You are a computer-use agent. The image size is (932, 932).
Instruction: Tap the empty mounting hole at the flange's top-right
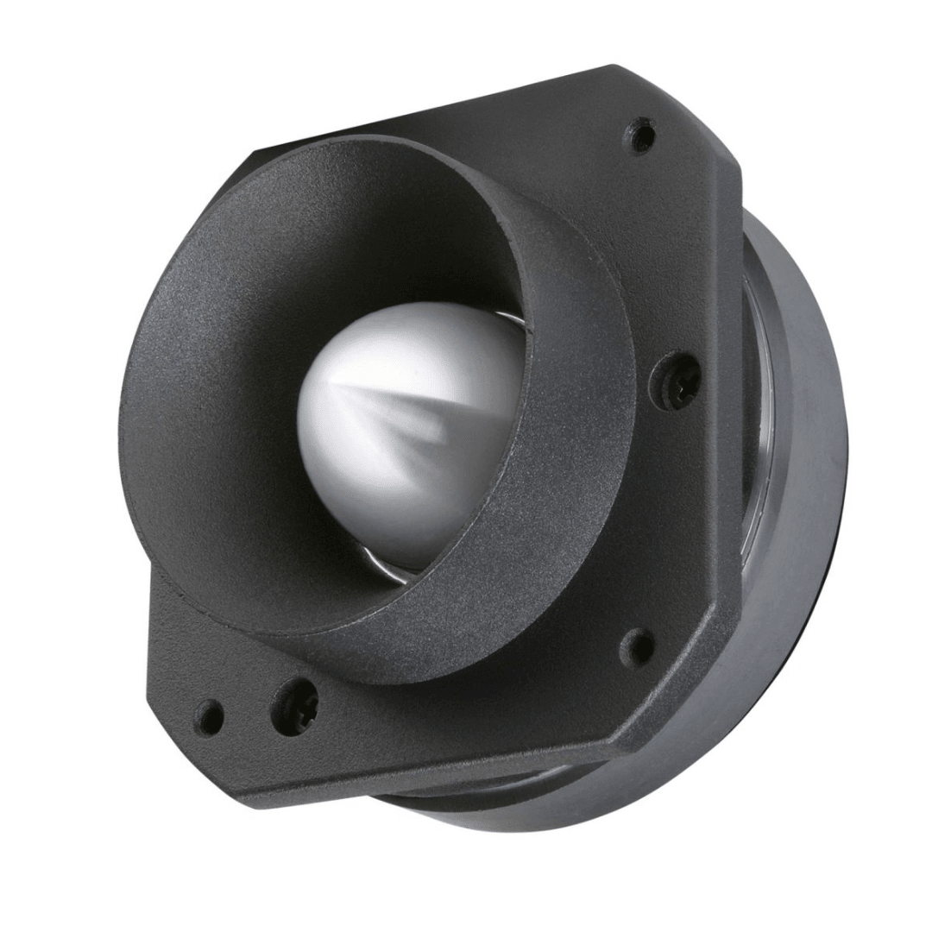point(640,135)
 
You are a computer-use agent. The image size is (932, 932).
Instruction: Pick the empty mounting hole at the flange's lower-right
point(638,647)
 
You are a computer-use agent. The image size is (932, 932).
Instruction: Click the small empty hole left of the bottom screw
point(210,716)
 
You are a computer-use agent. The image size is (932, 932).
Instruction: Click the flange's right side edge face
point(734,388)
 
